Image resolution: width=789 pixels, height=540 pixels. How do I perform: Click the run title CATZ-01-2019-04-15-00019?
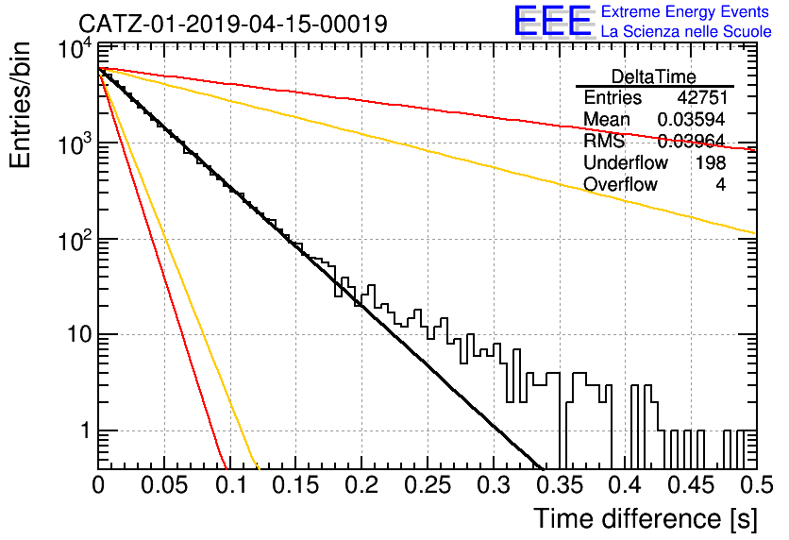click(x=233, y=24)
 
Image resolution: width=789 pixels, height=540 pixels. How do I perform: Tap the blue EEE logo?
click(x=552, y=21)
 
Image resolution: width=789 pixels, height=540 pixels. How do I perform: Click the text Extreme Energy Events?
click(x=685, y=11)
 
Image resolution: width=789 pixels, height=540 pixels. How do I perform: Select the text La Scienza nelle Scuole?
click(x=686, y=31)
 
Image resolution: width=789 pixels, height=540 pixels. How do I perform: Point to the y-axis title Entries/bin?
click(x=21, y=105)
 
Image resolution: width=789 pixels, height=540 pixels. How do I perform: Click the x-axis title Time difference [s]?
click(x=646, y=518)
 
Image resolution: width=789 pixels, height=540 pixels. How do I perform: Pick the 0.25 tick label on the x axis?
click(x=428, y=485)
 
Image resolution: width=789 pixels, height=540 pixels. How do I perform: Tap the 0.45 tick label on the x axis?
click(x=692, y=485)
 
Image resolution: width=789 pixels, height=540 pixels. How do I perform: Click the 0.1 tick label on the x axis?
click(x=231, y=485)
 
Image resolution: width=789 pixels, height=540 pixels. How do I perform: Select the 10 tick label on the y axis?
click(x=79, y=334)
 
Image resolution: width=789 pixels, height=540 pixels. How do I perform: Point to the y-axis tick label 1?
click(x=86, y=430)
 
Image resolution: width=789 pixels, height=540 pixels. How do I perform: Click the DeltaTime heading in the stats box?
click(x=654, y=77)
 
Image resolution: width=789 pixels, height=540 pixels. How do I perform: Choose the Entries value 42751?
click(x=702, y=97)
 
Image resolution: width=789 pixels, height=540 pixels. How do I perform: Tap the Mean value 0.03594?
click(x=692, y=119)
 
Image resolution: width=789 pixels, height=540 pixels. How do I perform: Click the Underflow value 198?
click(x=711, y=162)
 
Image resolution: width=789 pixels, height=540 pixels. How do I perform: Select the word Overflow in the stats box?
click(x=620, y=184)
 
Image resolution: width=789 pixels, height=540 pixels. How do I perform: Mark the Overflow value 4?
click(x=721, y=184)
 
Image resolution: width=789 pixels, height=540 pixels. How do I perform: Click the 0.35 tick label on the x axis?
click(x=560, y=485)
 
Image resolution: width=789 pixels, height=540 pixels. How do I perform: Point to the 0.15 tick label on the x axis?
click(x=296, y=485)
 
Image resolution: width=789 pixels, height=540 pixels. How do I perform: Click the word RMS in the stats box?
click(x=604, y=141)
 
